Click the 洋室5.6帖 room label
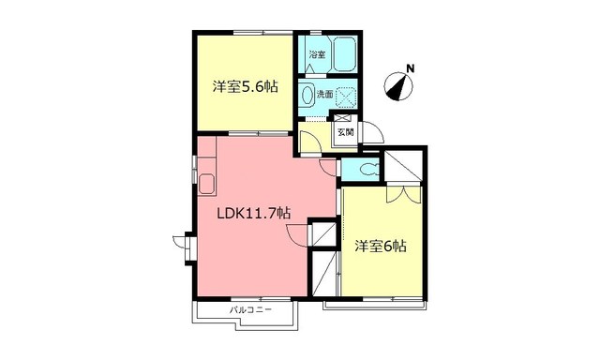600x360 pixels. click(244, 87)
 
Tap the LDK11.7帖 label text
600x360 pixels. click(253, 213)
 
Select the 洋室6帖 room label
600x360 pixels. click(380, 247)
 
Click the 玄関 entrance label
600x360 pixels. click(345, 133)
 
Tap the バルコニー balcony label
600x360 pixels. click(250, 309)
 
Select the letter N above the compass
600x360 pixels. click(409, 67)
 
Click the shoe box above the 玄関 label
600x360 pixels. click(343, 118)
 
